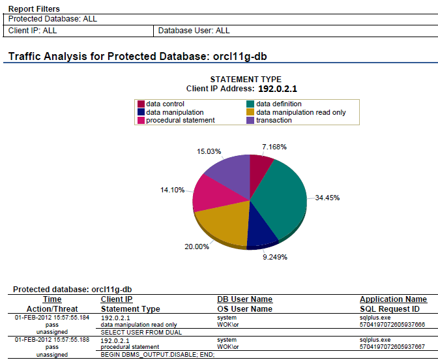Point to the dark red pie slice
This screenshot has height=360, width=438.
tap(261, 168)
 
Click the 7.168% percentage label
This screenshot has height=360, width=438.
tap(274, 147)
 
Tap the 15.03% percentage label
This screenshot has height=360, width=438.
tap(209, 151)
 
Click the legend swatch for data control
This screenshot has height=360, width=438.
tap(141, 104)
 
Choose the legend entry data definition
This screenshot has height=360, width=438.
tap(278, 104)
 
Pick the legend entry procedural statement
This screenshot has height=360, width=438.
tap(180, 120)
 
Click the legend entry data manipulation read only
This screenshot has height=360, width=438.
tap(300, 112)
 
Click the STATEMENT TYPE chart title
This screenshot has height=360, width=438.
tap(246, 80)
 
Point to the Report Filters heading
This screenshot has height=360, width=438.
tap(34, 9)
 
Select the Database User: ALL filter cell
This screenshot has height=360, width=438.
tap(194, 31)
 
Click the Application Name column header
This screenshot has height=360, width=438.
tap(393, 299)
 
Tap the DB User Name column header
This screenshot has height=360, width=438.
tap(244, 299)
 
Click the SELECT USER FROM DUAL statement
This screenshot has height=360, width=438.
tap(132, 332)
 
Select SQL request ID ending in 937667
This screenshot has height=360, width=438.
tap(392, 347)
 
